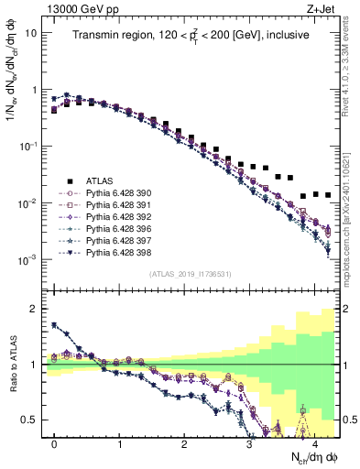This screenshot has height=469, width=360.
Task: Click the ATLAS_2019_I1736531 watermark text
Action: tap(191, 274)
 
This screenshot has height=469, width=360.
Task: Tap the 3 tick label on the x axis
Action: tap(249, 442)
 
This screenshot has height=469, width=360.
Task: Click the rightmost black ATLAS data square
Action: tap(327, 195)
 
